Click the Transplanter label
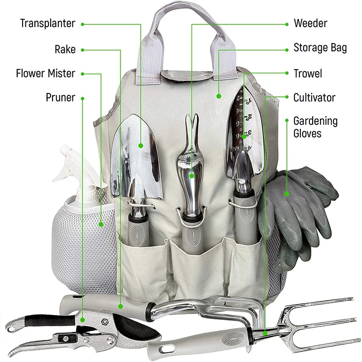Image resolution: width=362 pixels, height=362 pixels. click(47, 24)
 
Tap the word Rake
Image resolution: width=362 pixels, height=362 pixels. click(65, 49)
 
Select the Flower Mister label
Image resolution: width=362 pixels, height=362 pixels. click(45, 73)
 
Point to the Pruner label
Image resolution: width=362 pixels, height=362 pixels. click(60, 97)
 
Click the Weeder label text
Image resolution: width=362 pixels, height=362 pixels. click(310, 24)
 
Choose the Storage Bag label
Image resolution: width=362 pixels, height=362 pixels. click(320, 48)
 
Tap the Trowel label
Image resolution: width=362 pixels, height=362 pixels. click(308, 73)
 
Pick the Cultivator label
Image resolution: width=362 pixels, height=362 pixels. click(314, 97)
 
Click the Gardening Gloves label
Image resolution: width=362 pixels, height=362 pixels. click(315, 127)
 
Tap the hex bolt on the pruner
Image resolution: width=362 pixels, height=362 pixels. click(104, 323)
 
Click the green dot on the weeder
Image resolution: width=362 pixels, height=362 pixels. click(192, 174)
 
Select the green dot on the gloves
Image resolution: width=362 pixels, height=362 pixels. click(286, 194)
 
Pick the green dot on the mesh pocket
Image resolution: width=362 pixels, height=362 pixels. click(101, 224)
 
